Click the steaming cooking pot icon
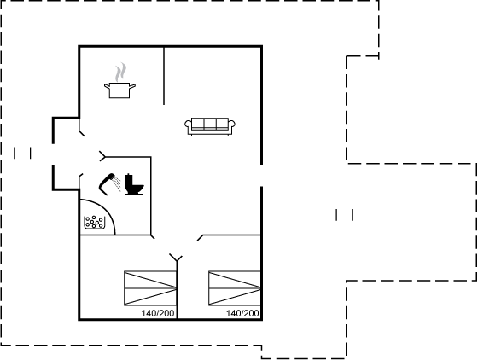tap(119, 81)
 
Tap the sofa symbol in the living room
tap(210, 126)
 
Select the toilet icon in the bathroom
tap(134, 184)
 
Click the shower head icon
tap(110, 184)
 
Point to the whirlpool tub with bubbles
tap(95, 223)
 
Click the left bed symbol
tap(150, 288)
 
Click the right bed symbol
tap(235, 288)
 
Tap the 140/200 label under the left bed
tap(158, 313)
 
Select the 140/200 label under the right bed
tap(242, 313)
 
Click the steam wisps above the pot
tap(120, 72)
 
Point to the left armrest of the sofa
tap(188, 125)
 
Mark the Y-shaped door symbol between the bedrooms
tap(176, 258)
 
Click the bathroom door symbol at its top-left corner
tap(102, 156)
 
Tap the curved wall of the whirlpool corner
tap(106, 209)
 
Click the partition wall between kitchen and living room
tap(164, 76)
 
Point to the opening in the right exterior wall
tap(261, 176)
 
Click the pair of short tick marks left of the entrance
tap(22, 153)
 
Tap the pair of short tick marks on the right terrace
tap(345, 215)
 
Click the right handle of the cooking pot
tap(132, 86)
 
